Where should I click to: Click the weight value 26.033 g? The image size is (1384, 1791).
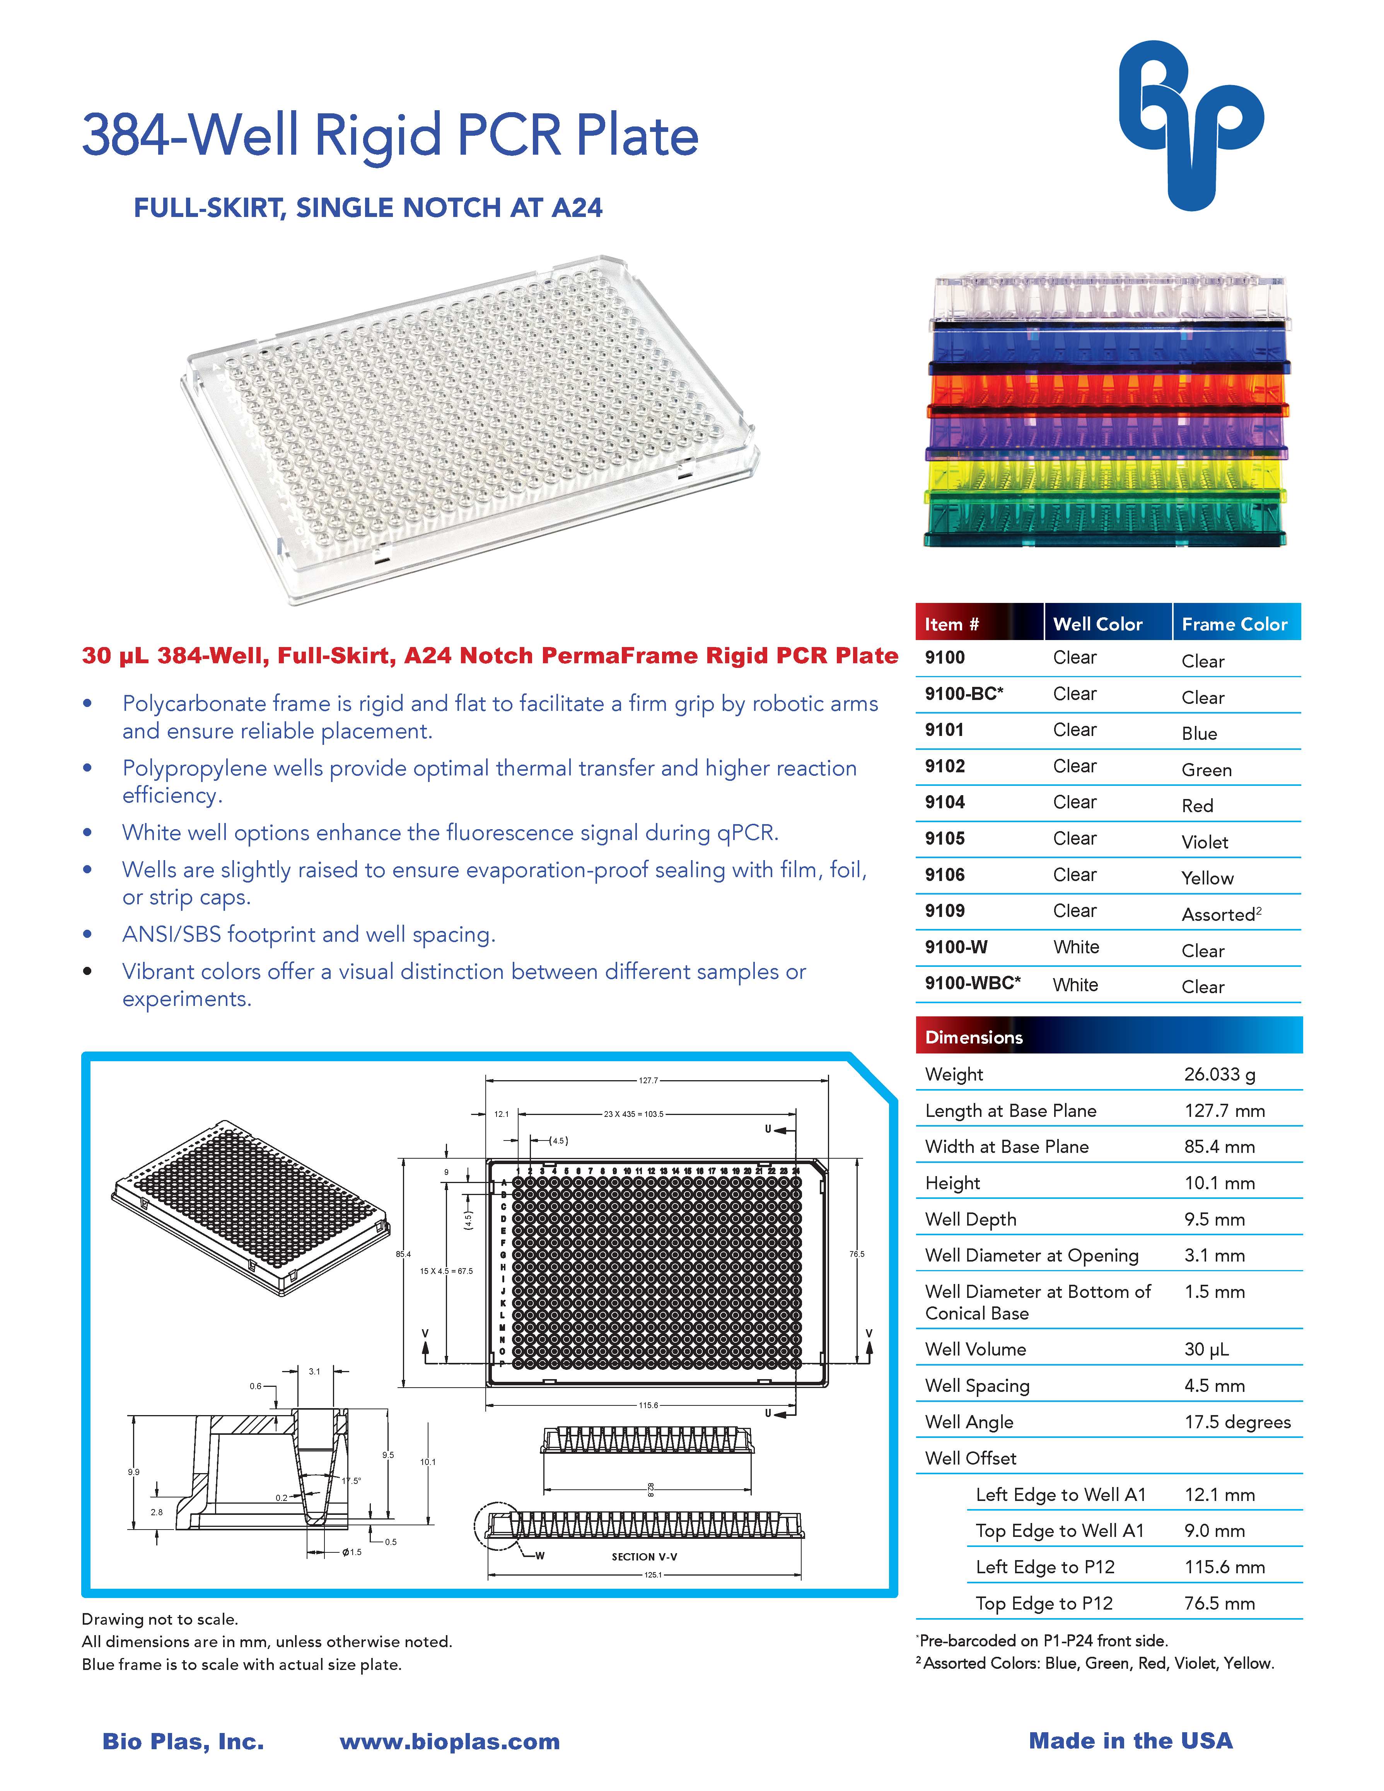coord(1219,1074)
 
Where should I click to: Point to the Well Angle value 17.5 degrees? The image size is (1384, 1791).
coord(1236,1422)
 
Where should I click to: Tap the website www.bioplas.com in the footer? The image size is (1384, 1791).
coord(449,1741)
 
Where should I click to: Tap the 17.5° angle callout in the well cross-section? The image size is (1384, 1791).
coord(351,1480)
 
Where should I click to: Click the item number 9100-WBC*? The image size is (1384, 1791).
coord(973,983)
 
